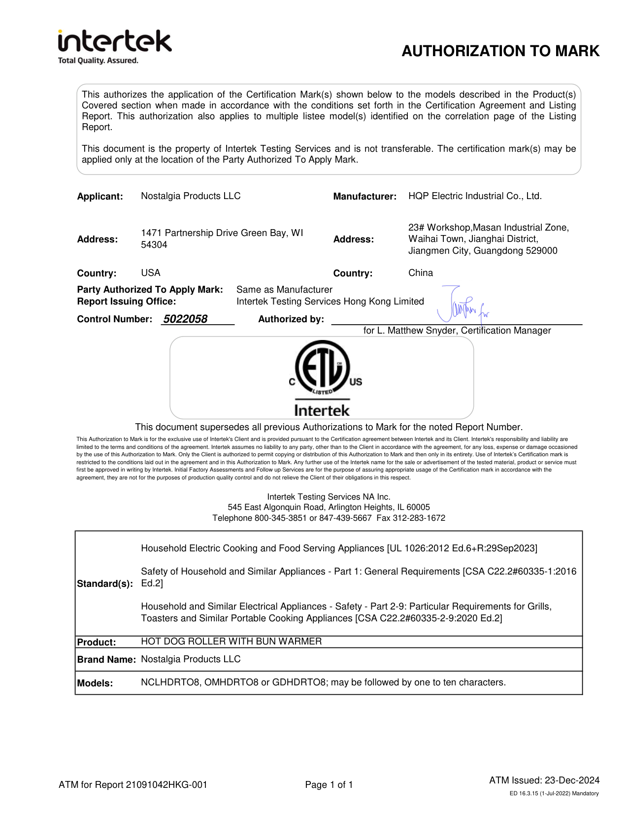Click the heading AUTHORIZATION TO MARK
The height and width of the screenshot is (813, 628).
tap(500, 51)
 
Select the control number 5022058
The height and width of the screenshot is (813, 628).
tap(185, 319)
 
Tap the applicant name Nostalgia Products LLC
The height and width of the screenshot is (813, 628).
tap(191, 196)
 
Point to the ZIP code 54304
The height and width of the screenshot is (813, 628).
tap(154, 245)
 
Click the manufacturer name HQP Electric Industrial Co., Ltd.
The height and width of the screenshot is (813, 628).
tap(474, 196)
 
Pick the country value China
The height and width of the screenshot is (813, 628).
tap(420, 273)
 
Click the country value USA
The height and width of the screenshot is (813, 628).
tap(150, 273)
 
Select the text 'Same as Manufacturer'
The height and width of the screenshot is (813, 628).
tap(284, 290)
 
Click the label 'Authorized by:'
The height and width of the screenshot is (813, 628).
tap(291, 319)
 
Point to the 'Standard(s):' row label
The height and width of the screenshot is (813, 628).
tap(105, 584)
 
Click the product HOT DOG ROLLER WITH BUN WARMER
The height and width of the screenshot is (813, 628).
tap(231, 642)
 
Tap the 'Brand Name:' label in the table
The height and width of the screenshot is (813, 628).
tap(106, 660)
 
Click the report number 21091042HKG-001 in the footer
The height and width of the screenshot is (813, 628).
tap(166, 785)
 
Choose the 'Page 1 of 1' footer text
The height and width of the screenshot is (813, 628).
tap(329, 785)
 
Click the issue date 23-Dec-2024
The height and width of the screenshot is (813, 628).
tap(572, 780)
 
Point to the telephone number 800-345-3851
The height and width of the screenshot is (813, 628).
tap(280, 518)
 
